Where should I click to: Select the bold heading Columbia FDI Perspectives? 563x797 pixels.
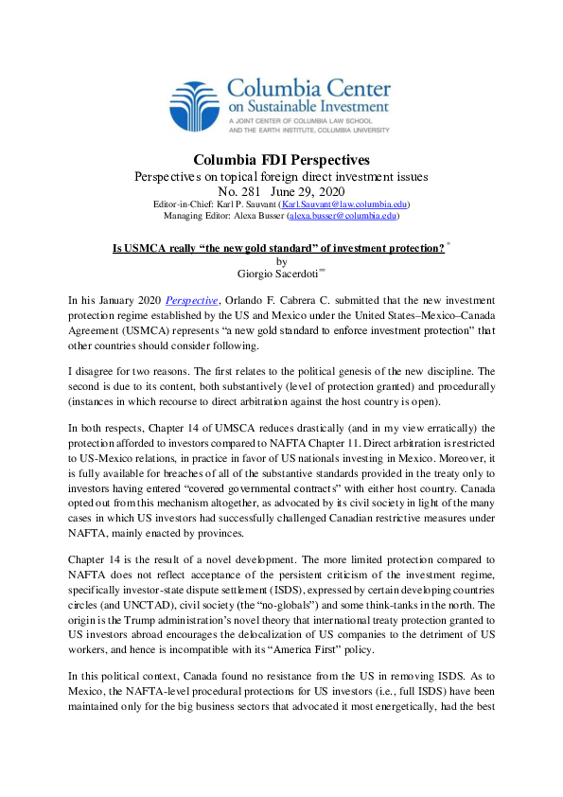(x=281, y=159)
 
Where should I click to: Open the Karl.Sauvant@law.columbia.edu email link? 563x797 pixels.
(x=331, y=204)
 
